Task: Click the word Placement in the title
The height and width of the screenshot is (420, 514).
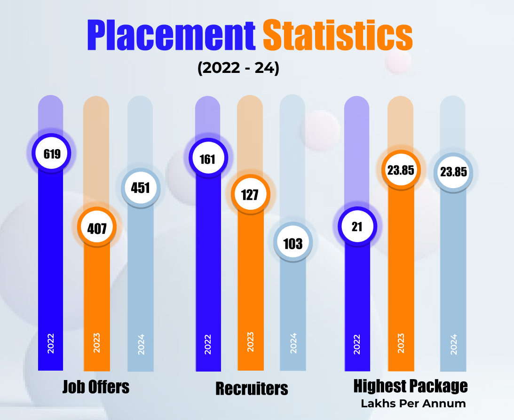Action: [171, 36]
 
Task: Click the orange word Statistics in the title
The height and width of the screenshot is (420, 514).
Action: [338, 36]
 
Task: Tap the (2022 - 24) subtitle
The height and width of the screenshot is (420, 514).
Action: [238, 69]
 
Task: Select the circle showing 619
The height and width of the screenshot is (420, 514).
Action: [52, 153]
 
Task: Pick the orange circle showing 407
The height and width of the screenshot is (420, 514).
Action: [97, 229]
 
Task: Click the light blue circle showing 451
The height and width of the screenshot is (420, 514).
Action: [140, 188]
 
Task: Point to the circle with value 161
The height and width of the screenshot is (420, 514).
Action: [207, 159]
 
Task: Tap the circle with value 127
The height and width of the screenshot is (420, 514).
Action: [250, 194]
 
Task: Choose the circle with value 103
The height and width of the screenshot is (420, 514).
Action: [293, 243]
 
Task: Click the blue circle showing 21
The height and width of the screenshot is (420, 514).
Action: [357, 227]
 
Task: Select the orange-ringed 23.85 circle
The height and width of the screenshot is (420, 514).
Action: [401, 170]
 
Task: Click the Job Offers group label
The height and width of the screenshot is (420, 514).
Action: [96, 387]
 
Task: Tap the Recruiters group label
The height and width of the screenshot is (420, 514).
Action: [252, 389]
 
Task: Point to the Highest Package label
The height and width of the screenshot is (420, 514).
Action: [411, 387]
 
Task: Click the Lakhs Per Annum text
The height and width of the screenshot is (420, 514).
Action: [413, 404]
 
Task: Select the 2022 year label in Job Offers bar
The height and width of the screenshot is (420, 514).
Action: [51, 343]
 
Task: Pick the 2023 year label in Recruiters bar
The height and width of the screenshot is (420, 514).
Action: [250, 342]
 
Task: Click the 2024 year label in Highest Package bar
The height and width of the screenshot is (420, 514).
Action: [453, 344]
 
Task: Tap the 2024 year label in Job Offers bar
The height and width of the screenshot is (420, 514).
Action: [141, 344]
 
